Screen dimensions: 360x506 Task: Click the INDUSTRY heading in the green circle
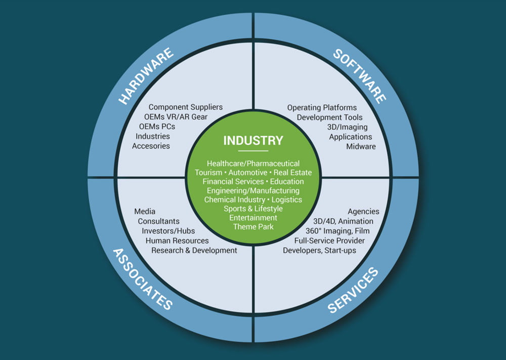(x=253, y=140)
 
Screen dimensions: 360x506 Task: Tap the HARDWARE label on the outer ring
(x=146, y=76)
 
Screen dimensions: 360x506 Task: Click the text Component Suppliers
(x=186, y=107)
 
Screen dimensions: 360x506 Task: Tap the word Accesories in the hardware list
(x=151, y=146)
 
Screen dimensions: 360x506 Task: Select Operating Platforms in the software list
(x=322, y=107)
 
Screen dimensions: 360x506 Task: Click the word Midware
(x=361, y=146)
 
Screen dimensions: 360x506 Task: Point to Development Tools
(x=330, y=117)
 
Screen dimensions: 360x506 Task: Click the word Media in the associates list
(x=145, y=211)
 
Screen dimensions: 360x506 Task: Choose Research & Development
(x=194, y=250)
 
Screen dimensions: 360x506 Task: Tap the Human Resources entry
(x=177, y=241)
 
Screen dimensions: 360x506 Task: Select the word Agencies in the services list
(x=363, y=211)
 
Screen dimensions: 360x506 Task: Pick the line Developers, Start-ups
(x=319, y=250)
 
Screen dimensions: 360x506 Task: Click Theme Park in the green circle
(x=253, y=226)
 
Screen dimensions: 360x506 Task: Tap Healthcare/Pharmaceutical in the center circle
(x=253, y=163)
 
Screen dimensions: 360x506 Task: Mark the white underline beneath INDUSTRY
(x=253, y=150)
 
